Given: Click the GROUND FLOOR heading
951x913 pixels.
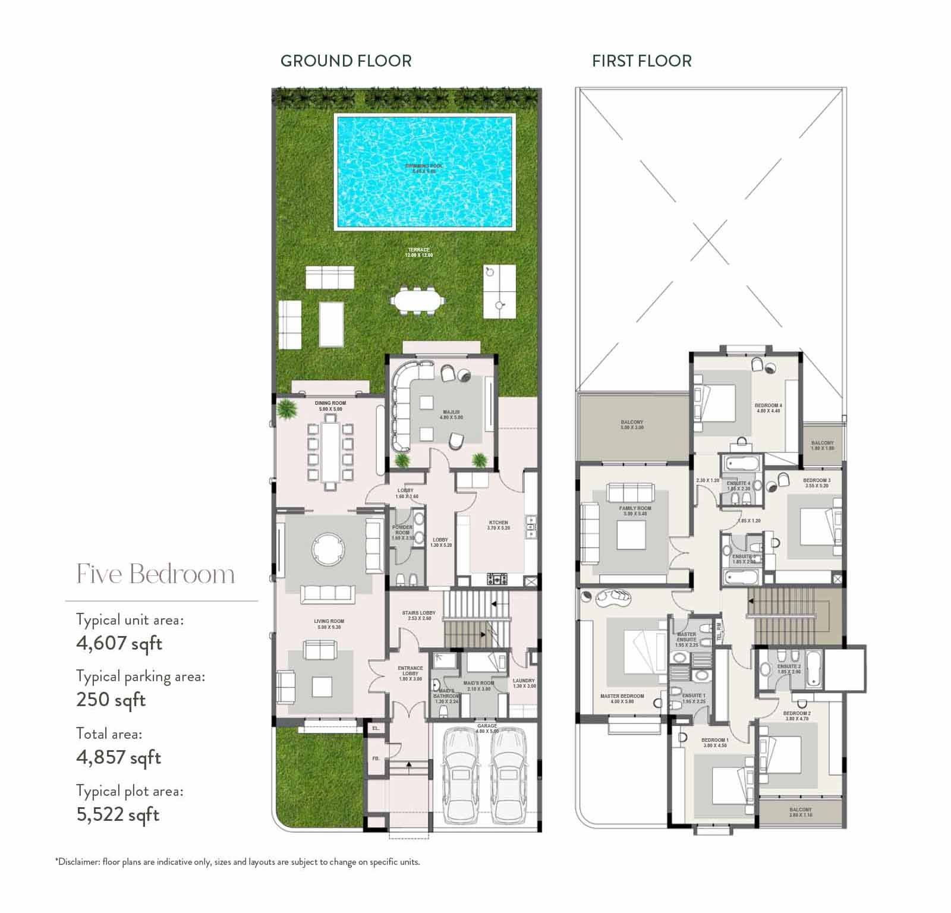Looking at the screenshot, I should click(345, 61).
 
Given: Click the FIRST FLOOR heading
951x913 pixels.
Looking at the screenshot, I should click(641, 61).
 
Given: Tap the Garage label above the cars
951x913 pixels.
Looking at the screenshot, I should click(487, 726).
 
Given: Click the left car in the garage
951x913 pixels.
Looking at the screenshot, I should click(461, 775).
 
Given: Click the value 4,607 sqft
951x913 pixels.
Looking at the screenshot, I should click(119, 643).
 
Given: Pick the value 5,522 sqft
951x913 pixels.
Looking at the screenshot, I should click(118, 814).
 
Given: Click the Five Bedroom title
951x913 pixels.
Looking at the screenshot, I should click(156, 574).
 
